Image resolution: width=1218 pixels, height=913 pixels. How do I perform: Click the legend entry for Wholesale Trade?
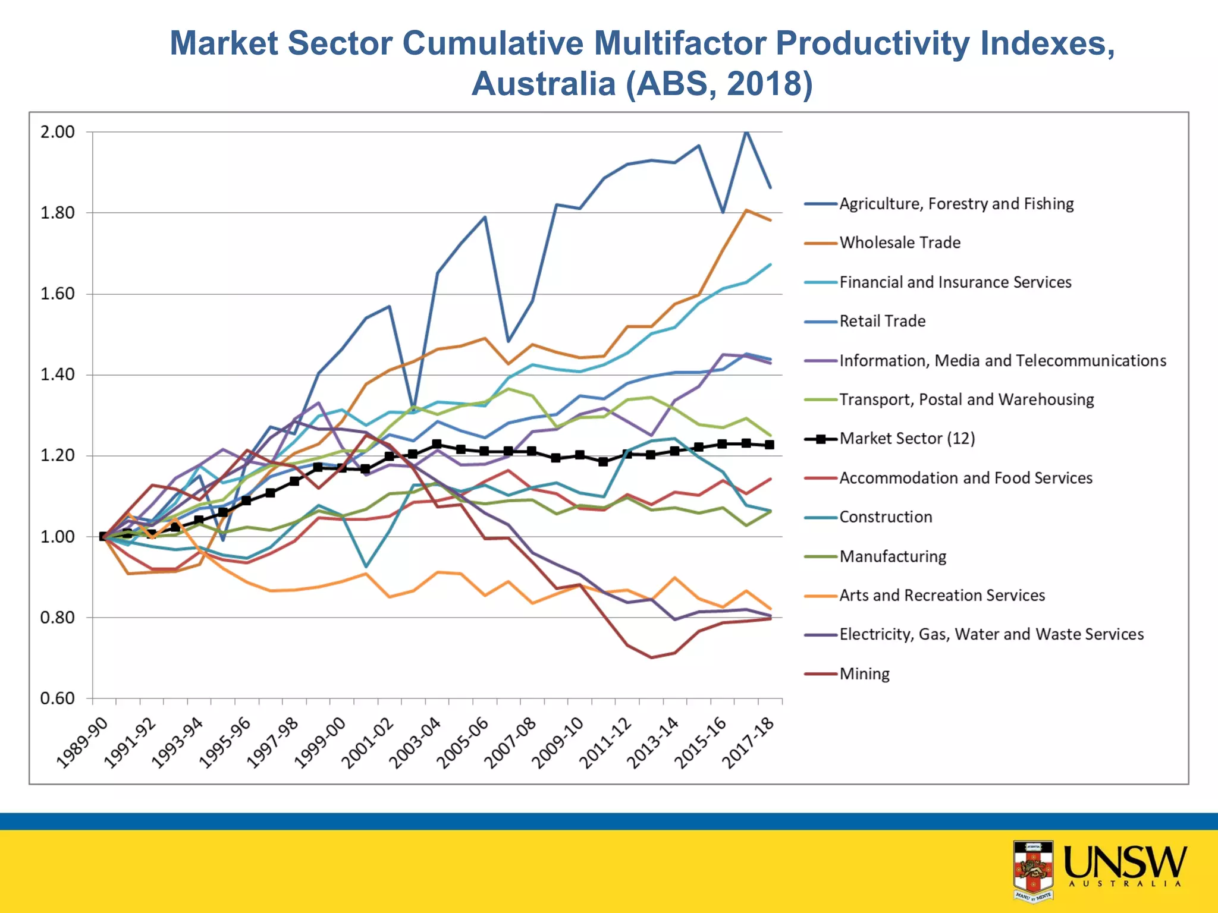[x=899, y=243]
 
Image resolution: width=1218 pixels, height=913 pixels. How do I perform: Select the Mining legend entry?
[x=864, y=674]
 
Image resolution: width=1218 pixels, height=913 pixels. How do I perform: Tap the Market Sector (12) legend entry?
[x=907, y=439]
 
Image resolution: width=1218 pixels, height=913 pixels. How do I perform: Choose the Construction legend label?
[x=885, y=517]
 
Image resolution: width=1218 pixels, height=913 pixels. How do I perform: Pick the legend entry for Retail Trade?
[x=882, y=321]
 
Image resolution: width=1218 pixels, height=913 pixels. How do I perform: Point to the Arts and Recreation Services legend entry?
[x=941, y=596]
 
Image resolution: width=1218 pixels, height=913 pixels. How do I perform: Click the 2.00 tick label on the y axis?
[x=58, y=132]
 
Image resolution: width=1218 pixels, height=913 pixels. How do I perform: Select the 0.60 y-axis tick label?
[x=58, y=698]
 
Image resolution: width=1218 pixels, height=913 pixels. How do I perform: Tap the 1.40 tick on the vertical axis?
[x=58, y=374]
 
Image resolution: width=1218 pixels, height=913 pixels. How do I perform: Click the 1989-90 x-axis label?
[x=83, y=743]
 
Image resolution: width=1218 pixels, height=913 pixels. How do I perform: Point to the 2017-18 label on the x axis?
[x=748, y=743]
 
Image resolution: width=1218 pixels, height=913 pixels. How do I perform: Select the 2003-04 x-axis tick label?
[x=416, y=743]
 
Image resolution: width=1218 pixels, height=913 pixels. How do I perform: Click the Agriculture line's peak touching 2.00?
[x=746, y=131]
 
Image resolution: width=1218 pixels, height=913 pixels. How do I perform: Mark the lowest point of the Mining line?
[x=651, y=657]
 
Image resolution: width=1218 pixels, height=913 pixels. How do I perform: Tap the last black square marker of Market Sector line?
[x=770, y=445]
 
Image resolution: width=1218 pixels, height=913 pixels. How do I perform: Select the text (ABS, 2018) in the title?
[x=719, y=83]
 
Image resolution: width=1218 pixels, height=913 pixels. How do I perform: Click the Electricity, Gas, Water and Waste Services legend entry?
[x=991, y=635]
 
